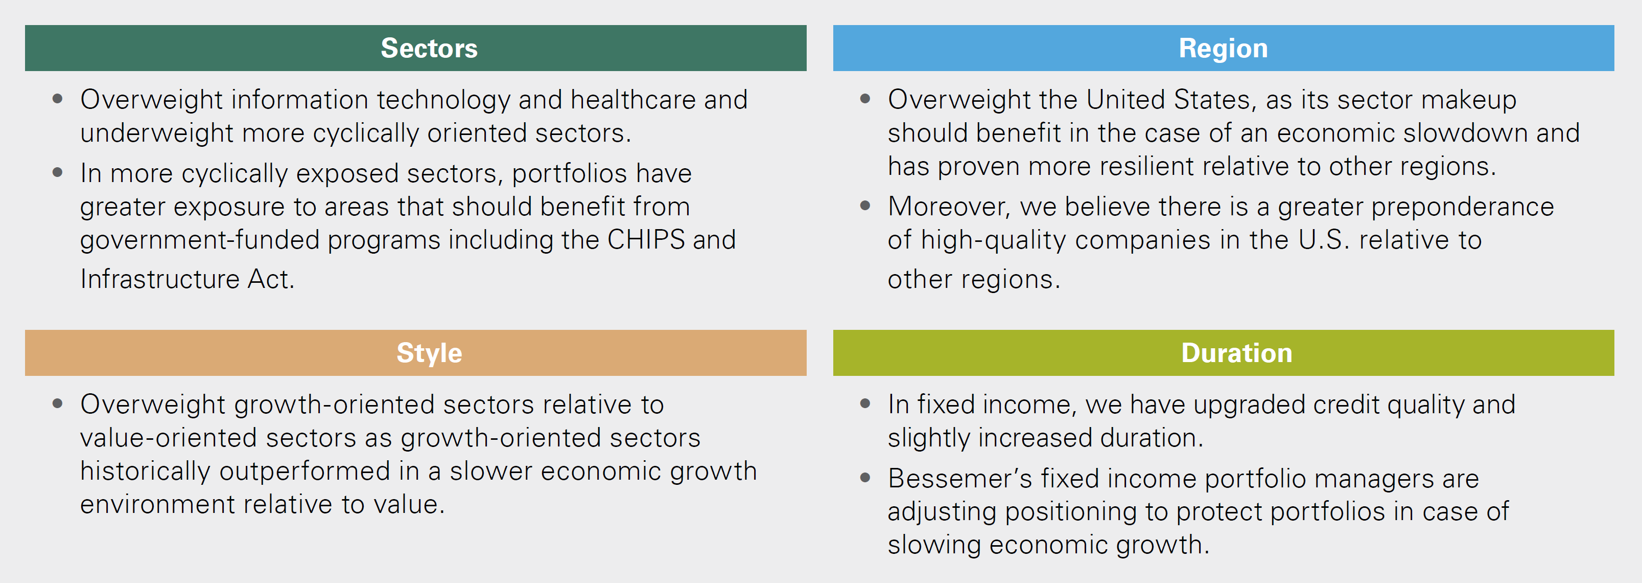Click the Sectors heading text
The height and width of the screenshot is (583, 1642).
click(429, 49)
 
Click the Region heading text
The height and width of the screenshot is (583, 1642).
click(1223, 49)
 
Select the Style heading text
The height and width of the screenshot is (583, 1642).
click(429, 353)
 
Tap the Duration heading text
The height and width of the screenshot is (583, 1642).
click(1236, 353)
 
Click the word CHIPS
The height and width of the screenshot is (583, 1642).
click(646, 240)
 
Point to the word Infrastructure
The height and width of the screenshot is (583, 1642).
click(159, 279)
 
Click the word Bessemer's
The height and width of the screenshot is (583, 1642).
click(960, 478)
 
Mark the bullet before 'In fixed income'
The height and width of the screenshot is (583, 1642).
click(865, 404)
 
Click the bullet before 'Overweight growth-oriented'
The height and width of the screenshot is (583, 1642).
click(57, 404)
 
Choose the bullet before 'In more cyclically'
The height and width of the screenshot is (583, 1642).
click(57, 172)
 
